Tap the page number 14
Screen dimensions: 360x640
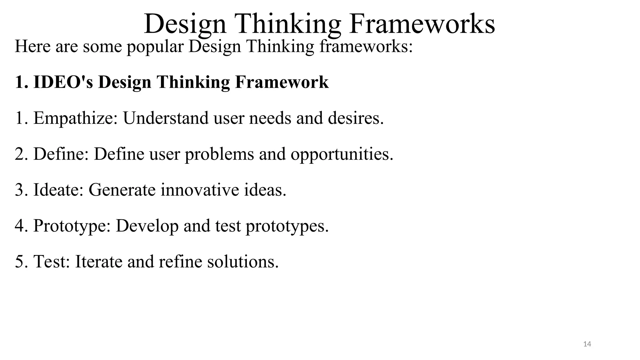coord(587,344)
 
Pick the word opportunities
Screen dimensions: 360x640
coord(342,154)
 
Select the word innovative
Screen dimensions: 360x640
coord(200,190)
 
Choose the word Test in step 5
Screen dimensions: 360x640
coord(52,261)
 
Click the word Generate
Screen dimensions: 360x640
coord(122,190)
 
